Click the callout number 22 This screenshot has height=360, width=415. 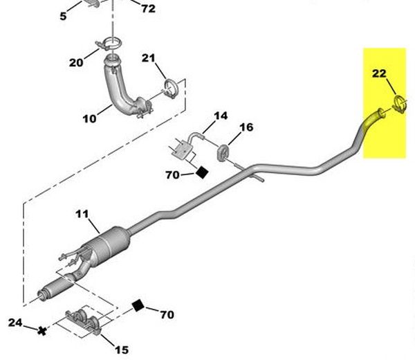(379, 73)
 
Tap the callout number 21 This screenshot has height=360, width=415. (148, 58)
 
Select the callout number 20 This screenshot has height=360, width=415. (76, 63)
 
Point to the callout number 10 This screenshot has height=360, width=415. (89, 118)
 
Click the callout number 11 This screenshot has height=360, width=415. (82, 214)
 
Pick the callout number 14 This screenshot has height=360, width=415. (221, 116)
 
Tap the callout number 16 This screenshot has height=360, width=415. (246, 127)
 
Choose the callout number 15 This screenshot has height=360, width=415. (122, 350)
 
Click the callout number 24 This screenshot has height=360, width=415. (15, 323)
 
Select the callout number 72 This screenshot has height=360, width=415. (148, 9)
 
